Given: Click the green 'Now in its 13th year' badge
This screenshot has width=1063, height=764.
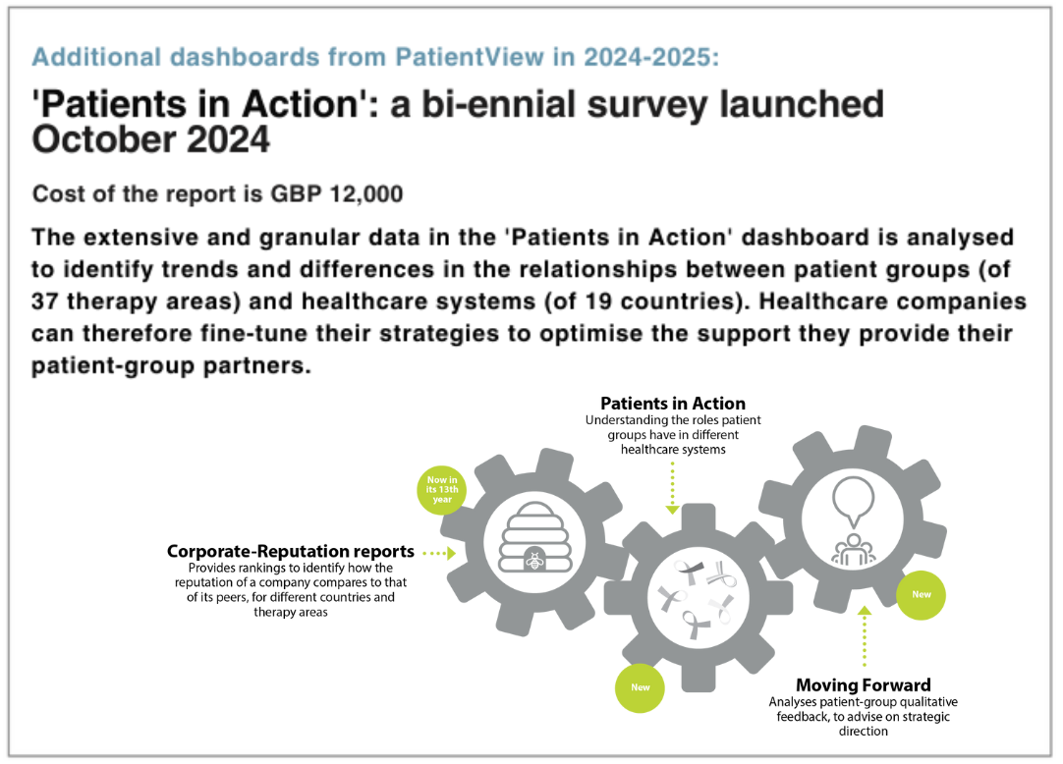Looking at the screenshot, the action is (x=442, y=489).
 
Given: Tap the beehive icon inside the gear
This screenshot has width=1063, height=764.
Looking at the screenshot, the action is (x=534, y=537).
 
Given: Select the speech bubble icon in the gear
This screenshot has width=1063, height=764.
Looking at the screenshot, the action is (x=854, y=501).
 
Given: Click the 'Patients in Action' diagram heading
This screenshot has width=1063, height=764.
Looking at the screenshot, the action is (x=673, y=404).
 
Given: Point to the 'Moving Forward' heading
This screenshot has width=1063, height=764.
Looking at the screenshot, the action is (x=863, y=684).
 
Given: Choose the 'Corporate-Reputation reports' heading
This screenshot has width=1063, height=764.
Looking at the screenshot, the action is (x=290, y=551).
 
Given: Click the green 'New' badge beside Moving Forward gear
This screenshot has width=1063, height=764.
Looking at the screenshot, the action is (x=921, y=594).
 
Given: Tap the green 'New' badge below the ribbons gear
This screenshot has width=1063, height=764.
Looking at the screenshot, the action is (x=640, y=687).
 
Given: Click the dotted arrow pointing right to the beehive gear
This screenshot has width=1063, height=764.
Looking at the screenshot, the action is (x=439, y=553).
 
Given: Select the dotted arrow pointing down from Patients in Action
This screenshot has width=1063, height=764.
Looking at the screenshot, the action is (x=673, y=488).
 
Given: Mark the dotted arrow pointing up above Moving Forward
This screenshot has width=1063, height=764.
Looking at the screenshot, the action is (x=865, y=636).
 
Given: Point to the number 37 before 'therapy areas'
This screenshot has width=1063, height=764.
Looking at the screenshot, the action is (x=45, y=301).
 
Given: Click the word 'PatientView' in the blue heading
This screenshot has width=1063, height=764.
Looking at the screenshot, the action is (x=470, y=57).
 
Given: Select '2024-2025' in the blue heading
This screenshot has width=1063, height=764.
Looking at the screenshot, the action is (x=650, y=57).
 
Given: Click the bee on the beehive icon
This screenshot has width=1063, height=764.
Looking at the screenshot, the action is (x=534, y=561).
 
